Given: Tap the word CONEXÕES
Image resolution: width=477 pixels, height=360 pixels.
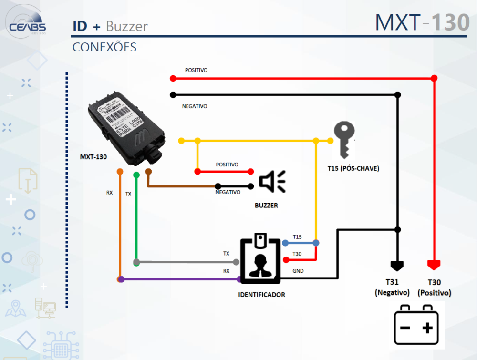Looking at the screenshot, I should [104, 47].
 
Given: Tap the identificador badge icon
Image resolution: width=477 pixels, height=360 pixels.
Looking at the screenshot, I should [260, 259].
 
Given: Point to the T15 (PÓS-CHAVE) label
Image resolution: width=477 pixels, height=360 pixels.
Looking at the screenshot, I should [353, 168].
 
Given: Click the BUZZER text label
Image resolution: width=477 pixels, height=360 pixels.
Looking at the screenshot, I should [266, 206].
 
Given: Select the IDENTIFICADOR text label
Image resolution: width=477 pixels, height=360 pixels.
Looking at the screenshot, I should [261, 295].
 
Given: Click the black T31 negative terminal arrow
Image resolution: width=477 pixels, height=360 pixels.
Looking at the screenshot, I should [397, 265].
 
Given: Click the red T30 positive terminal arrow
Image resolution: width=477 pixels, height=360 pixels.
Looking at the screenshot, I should [434, 265].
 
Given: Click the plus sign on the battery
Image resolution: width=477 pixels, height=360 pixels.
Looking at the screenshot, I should [428, 328].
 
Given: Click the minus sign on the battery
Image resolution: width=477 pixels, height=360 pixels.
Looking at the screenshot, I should [404, 328].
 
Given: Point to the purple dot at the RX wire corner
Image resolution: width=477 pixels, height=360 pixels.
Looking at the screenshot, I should [121, 279].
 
